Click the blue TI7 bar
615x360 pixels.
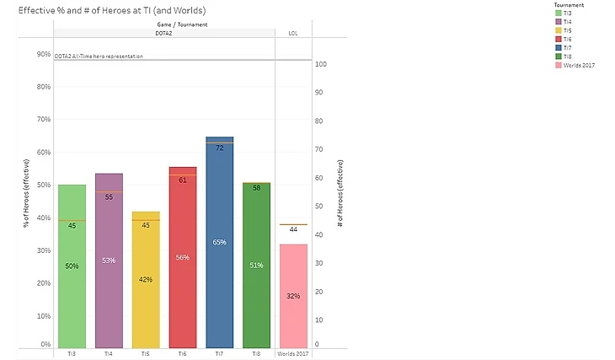point(219,253)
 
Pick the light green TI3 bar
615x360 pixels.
point(72,295)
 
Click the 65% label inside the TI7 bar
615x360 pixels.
point(219,242)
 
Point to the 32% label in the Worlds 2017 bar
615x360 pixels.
point(293,296)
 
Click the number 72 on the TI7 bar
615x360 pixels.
point(219,148)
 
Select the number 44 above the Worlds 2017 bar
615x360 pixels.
point(293,229)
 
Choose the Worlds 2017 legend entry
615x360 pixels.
point(578,65)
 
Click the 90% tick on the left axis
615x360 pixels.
point(42,54)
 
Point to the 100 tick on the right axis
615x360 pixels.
point(320,64)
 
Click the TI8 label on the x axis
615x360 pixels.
point(256,354)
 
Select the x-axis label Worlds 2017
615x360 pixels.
point(293,354)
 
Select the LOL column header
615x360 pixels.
point(293,34)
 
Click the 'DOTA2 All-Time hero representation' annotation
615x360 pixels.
point(99,56)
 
